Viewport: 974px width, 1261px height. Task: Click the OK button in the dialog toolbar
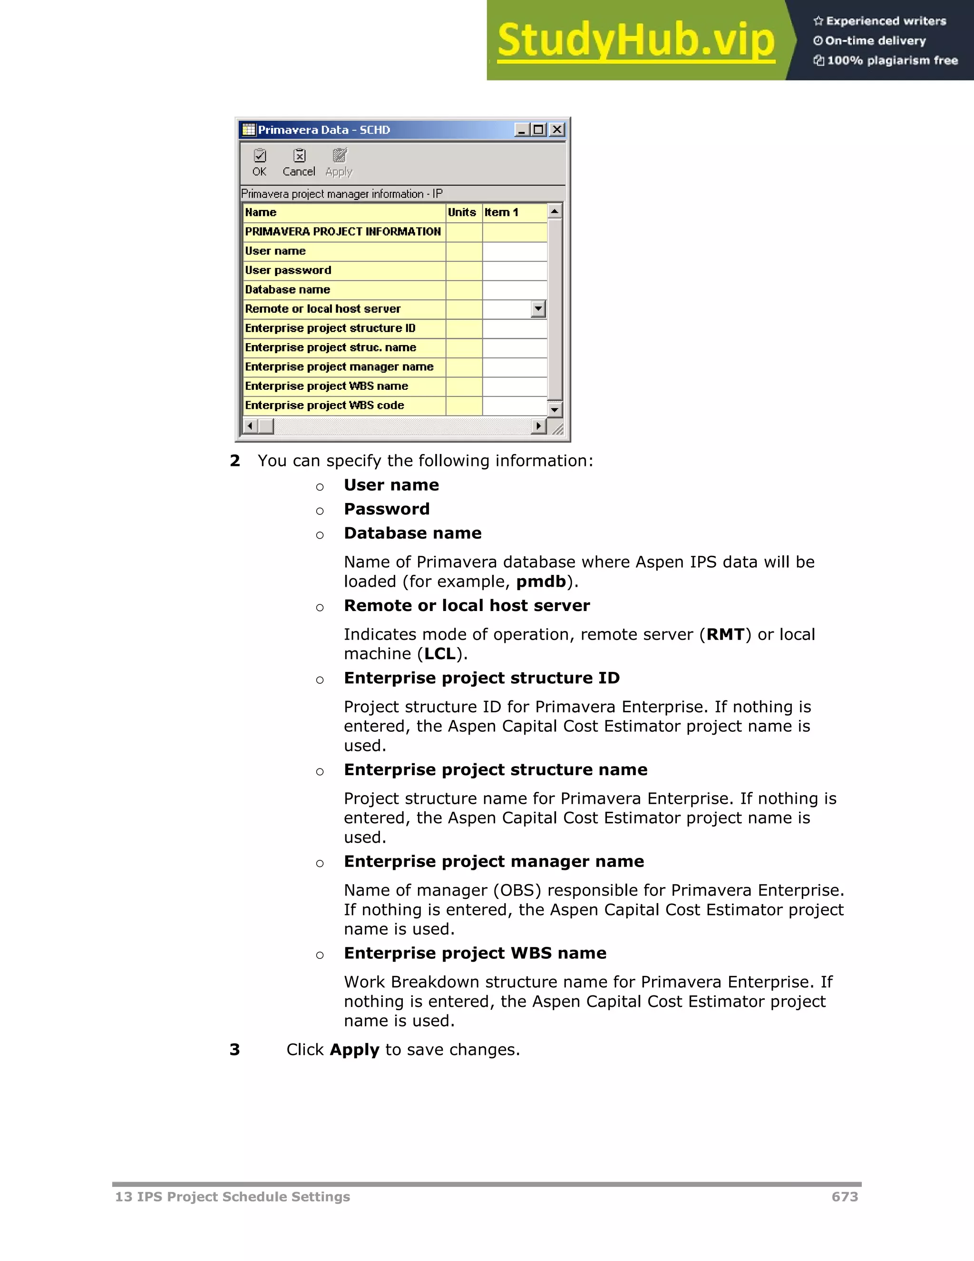tap(260, 162)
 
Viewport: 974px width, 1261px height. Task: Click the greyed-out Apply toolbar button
tap(339, 162)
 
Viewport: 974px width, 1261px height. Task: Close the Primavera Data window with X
tap(557, 130)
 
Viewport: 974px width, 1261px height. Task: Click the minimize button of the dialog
tap(522, 130)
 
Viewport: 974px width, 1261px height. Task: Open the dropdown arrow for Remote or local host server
tap(538, 309)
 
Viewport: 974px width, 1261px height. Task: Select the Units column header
tap(462, 213)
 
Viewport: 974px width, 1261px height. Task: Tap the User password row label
tap(288, 270)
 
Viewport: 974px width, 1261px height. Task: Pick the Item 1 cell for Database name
tap(514, 290)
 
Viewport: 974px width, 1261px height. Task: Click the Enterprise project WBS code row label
tap(324, 405)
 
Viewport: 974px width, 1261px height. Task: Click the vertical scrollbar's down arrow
tap(555, 410)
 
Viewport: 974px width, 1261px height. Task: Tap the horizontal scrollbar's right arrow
tap(538, 426)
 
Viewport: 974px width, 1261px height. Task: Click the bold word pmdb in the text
tap(541, 581)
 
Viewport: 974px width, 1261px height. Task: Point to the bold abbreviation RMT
tap(725, 634)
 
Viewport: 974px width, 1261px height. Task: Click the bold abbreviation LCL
tap(440, 654)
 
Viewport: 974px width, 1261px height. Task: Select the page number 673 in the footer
tap(844, 1197)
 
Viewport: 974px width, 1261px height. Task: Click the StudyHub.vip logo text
tap(635, 40)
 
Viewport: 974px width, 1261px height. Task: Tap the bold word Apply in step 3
tap(354, 1050)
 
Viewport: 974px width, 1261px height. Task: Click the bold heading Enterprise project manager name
tap(493, 861)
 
